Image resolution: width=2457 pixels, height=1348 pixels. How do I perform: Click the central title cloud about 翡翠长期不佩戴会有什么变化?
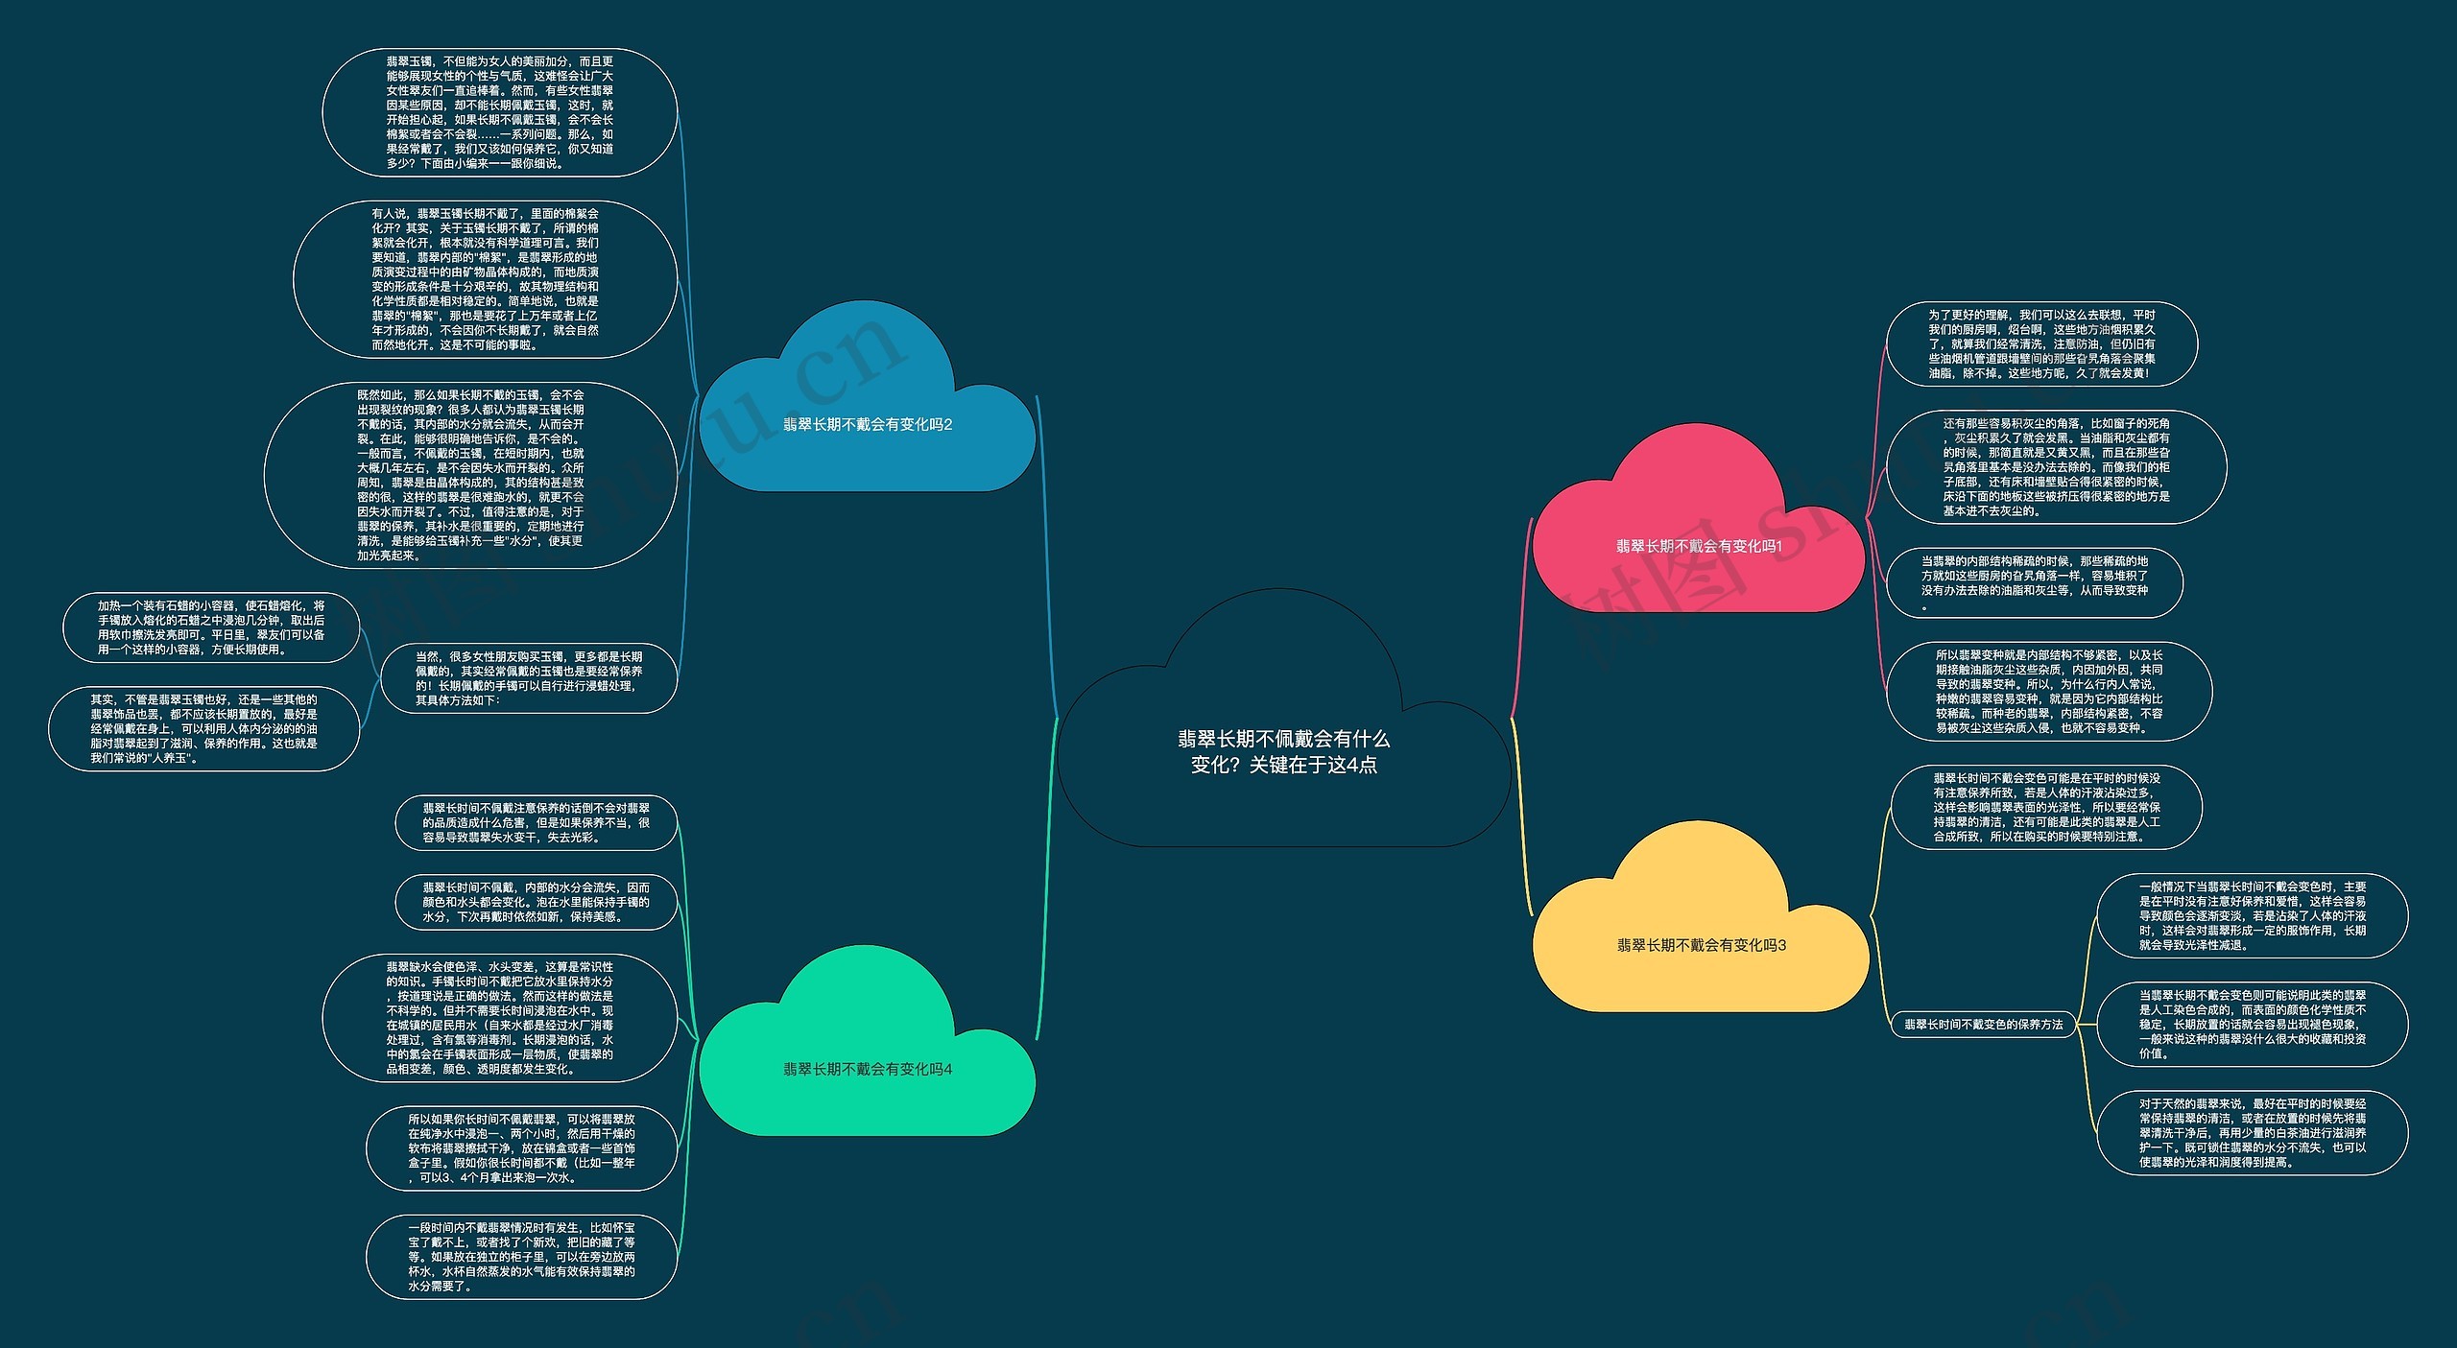click(x=1283, y=751)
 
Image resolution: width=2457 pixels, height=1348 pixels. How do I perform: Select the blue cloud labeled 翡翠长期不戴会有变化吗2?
click(x=868, y=425)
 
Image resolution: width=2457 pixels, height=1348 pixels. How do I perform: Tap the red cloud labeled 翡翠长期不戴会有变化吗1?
click(x=1699, y=546)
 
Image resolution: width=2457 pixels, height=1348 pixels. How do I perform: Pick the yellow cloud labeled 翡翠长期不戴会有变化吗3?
click(x=1701, y=945)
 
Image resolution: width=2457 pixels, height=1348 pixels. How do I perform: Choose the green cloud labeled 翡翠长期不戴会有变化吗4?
click(x=868, y=1069)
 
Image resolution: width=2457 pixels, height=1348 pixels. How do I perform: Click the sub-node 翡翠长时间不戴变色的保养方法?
click(x=1984, y=1025)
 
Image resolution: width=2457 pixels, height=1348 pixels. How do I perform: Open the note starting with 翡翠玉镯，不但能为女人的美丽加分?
click(x=500, y=112)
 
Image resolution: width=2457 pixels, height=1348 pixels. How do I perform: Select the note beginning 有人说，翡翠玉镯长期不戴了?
click(x=486, y=279)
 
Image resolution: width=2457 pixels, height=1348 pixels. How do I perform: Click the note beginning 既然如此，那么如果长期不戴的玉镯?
click(x=470, y=475)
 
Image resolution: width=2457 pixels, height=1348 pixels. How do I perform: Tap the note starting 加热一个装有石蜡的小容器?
click(x=211, y=627)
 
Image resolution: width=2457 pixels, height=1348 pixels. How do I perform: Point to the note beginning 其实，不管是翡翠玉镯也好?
click(x=204, y=728)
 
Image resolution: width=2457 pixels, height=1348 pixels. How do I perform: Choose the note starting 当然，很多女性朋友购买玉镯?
click(x=529, y=678)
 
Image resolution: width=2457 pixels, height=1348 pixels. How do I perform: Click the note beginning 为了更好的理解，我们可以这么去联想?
click(x=2041, y=343)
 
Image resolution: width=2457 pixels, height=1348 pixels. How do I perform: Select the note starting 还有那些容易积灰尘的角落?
click(x=2056, y=467)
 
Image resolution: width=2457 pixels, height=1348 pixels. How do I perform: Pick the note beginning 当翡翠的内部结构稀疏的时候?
click(x=2035, y=582)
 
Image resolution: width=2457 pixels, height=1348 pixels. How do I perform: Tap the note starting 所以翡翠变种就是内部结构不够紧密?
click(x=2049, y=692)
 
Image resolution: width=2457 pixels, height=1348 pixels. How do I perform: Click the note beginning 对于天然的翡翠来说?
click(x=2253, y=1133)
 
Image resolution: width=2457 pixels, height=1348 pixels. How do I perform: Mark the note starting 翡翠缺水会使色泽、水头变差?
click(x=500, y=1018)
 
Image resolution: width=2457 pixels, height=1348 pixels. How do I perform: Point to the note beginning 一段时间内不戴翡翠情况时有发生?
click(x=521, y=1257)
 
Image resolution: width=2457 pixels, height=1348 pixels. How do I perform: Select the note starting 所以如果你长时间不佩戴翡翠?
click(x=521, y=1148)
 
